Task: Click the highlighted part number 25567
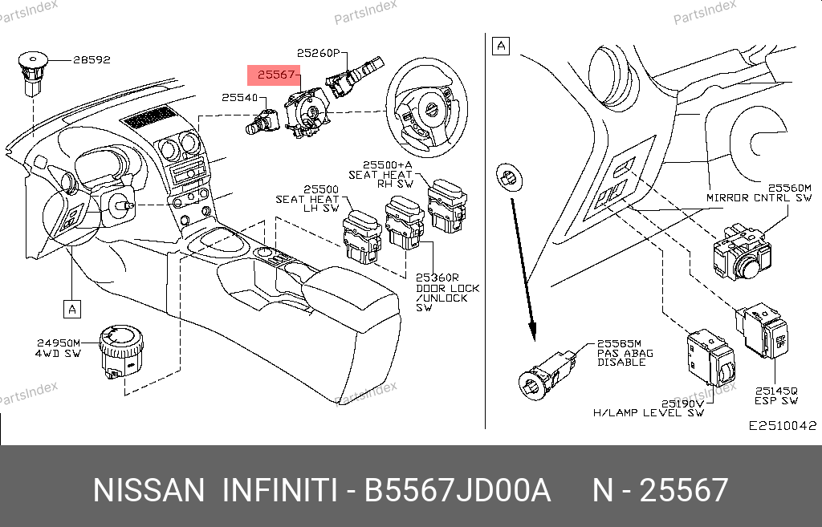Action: point(276,75)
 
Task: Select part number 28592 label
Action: point(92,59)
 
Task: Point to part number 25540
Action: point(239,97)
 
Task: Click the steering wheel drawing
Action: point(427,108)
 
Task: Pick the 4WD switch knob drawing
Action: point(121,351)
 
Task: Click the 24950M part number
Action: point(58,343)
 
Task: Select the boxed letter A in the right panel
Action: point(501,46)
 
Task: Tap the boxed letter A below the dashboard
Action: point(71,309)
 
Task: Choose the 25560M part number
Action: point(790,188)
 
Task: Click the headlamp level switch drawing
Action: point(711,357)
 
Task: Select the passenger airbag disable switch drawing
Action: point(547,375)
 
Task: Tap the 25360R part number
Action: point(437,278)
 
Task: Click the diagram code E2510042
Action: point(782,425)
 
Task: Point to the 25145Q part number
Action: point(776,391)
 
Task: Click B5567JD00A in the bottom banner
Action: point(457,490)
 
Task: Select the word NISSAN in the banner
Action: point(149,490)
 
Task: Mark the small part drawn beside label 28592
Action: point(32,73)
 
